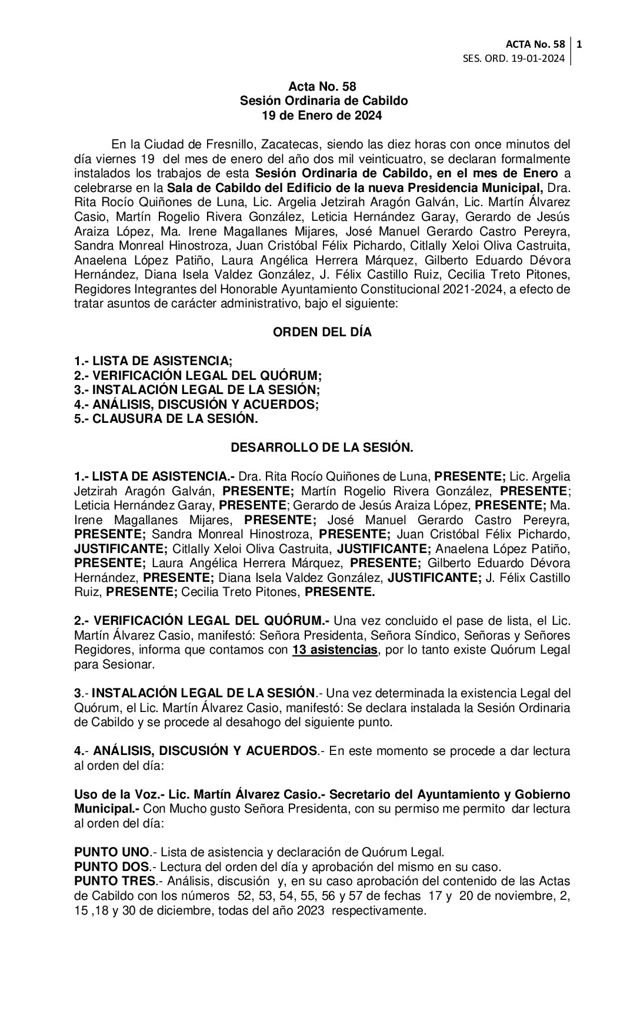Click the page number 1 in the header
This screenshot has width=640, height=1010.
[x=580, y=44]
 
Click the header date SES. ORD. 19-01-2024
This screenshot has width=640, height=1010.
[x=515, y=58]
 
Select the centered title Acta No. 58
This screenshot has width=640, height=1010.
[x=322, y=87]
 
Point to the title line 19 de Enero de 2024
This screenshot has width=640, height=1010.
[x=322, y=115]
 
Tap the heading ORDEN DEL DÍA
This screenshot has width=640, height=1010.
[x=322, y=332]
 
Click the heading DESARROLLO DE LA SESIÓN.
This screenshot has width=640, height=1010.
[x=322, y=448]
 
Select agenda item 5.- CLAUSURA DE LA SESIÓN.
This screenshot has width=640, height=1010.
[x=166, y=419]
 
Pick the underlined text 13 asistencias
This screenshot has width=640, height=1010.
[x=334, y=650]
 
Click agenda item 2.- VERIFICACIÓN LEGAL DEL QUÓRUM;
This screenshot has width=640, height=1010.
[x=198, y=375]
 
